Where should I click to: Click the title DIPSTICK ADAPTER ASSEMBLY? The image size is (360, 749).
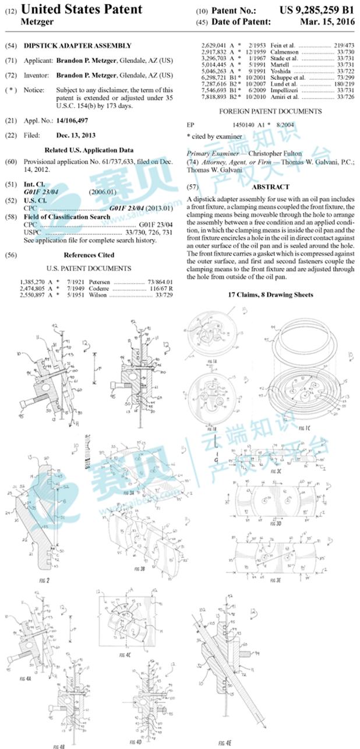click(x=94, y=45)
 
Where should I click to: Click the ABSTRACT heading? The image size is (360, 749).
click(x=270, y=187)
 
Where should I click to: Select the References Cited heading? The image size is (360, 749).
click(x=89, y=255)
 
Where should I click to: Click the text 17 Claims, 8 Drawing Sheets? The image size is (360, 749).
click(x=272, y=295)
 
